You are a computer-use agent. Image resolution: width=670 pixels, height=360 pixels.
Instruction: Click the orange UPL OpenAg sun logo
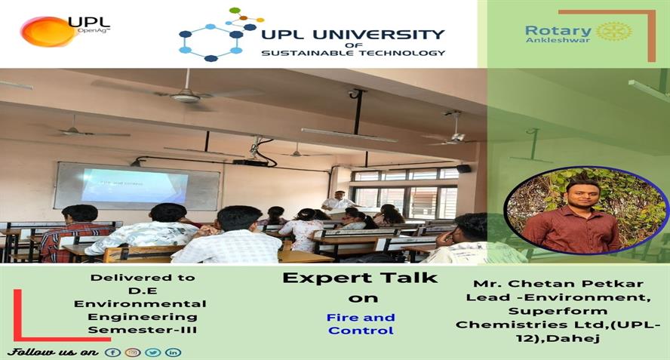[x=48, y=31]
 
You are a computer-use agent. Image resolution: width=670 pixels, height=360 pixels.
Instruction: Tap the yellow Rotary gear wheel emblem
[x=613, y=32]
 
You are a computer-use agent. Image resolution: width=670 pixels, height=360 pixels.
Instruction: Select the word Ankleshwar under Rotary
[x=558, y=40]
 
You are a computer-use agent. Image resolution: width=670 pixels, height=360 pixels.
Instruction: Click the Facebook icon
[x=113, y=352]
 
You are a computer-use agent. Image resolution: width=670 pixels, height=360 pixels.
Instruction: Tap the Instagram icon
[x=133, y=352]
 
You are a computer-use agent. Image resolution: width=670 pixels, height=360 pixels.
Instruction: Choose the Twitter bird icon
[x=153, y=352]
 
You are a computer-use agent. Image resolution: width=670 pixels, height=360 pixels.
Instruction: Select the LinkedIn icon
[x=173, y=352]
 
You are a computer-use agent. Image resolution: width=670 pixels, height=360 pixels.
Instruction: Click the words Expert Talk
[x=360, y=278]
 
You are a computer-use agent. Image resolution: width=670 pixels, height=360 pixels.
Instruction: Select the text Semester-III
[x=143, y=330]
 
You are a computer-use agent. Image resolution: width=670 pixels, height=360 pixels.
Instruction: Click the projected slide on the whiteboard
[x=134, y=185]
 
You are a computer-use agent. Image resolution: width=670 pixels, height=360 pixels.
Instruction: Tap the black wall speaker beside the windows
[x=463, y=168]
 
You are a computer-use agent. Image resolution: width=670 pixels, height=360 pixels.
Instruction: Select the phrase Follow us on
[x=54, y=352]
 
